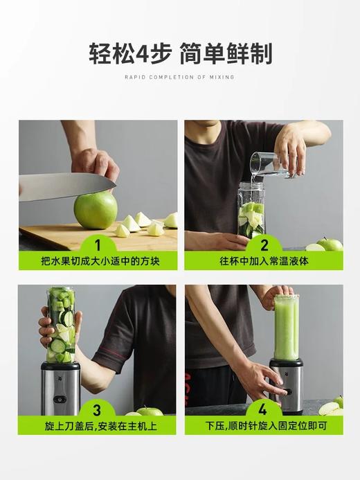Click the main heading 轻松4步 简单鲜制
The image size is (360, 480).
point(179,53)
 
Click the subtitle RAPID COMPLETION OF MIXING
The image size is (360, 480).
point(179,77)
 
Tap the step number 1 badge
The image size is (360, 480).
point(98,245)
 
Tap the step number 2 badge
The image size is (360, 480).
point(263,245)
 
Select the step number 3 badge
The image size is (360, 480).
point(98,409)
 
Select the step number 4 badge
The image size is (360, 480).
point(263,409)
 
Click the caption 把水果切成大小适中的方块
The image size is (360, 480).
point(98,261)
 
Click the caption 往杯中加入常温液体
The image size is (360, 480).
point(263,261)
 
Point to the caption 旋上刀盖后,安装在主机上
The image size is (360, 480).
point(98,425)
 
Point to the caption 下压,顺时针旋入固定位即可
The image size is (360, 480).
point(263,425)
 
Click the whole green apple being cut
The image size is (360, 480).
point(96,210)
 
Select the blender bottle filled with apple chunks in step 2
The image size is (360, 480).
point(251,210)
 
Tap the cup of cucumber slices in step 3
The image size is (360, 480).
point(61,326)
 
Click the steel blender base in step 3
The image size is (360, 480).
point(60,388)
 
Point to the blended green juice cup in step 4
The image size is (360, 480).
point(286,327)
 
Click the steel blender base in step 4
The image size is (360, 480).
point(286,384)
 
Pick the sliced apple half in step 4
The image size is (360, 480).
point(330,409)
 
